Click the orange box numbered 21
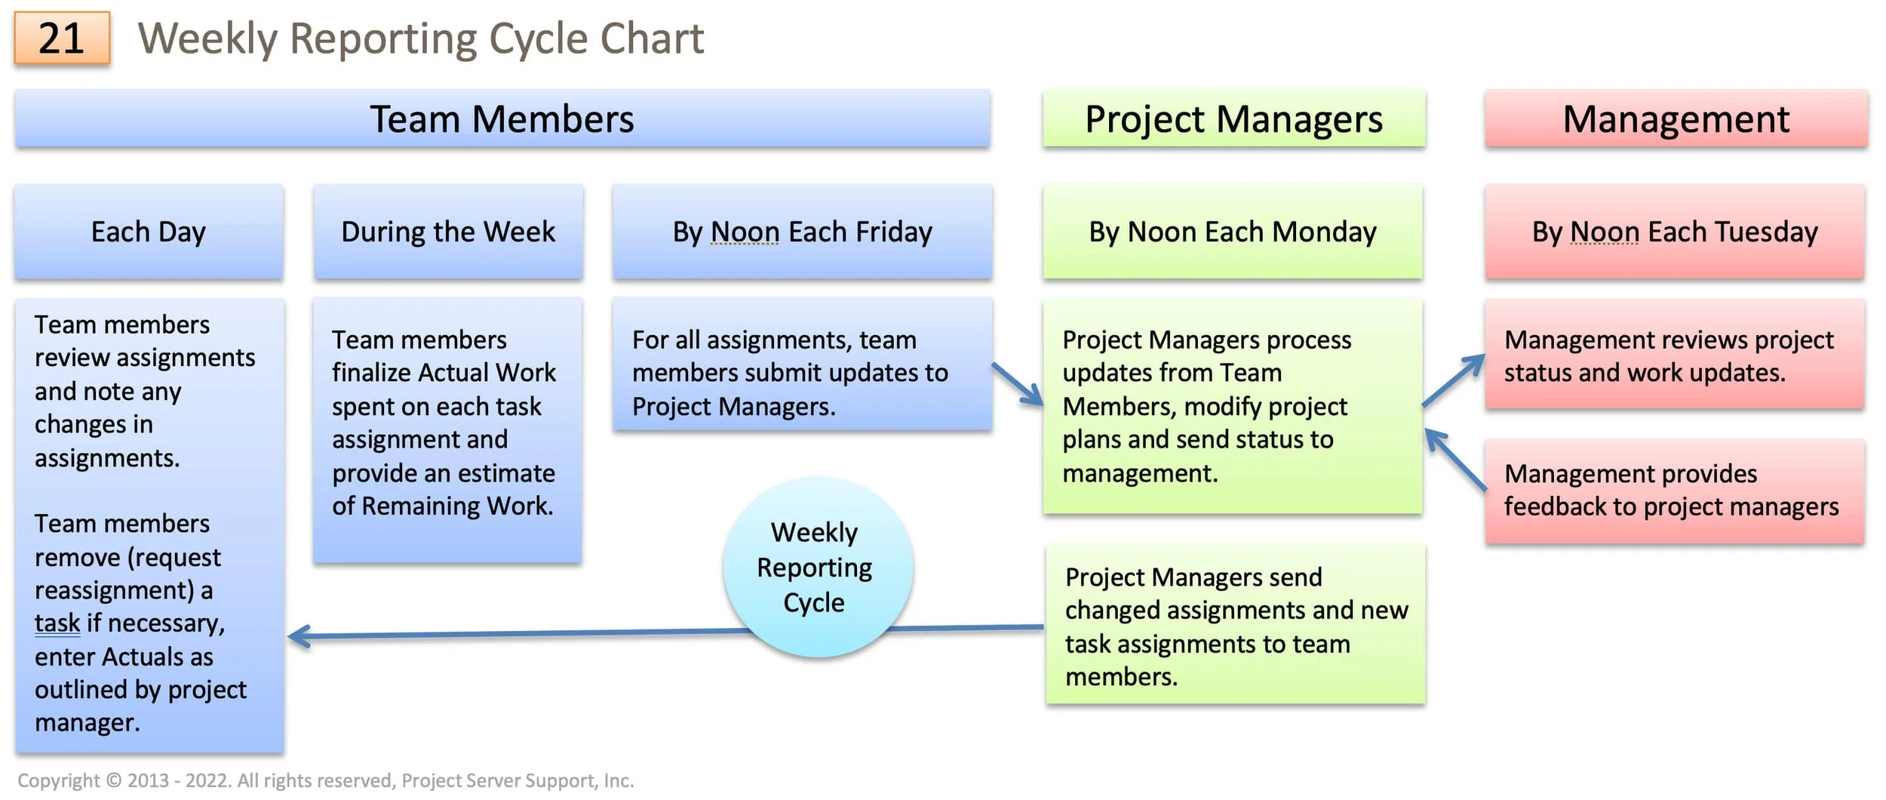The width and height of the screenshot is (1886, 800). [62, 38]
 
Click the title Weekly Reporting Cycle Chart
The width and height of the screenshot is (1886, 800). [420, 38]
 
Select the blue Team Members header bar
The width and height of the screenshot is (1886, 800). [502, 119]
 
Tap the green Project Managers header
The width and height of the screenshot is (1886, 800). [1233, 119]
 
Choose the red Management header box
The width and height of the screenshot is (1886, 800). [1676, 119]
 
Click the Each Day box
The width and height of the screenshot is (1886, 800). [149, 232]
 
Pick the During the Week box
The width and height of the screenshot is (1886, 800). [448, 232]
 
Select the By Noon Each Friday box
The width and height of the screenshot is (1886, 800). [802, 232]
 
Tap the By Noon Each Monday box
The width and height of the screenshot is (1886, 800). [1232, 232]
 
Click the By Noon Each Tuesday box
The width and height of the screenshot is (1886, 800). [1674, 232]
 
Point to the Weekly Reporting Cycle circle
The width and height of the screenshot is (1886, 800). [818, 567]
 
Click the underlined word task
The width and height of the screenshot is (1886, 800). [57, 623]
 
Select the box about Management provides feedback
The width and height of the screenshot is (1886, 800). [1674, 491]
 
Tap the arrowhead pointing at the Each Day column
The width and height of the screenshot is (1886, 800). [299, 636]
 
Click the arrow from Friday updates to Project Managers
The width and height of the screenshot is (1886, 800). [1018, 384]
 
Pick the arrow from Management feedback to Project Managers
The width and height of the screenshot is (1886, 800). [1455, 460]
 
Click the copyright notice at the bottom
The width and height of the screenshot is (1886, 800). [325, 780]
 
